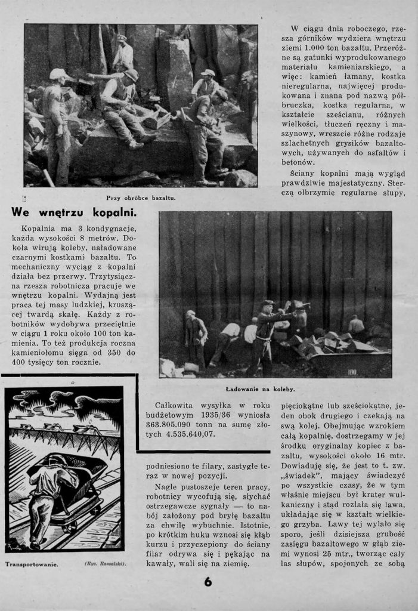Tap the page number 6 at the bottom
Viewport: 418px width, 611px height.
pyautogui.click(x=208, y=583)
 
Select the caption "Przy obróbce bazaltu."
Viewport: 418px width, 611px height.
pyautogui.click(x=141, y=198)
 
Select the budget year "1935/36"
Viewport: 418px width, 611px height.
pyautogui.click(x=210, y=416)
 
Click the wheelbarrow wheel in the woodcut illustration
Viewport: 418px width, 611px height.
pyautogui.click(x=70, y=527)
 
